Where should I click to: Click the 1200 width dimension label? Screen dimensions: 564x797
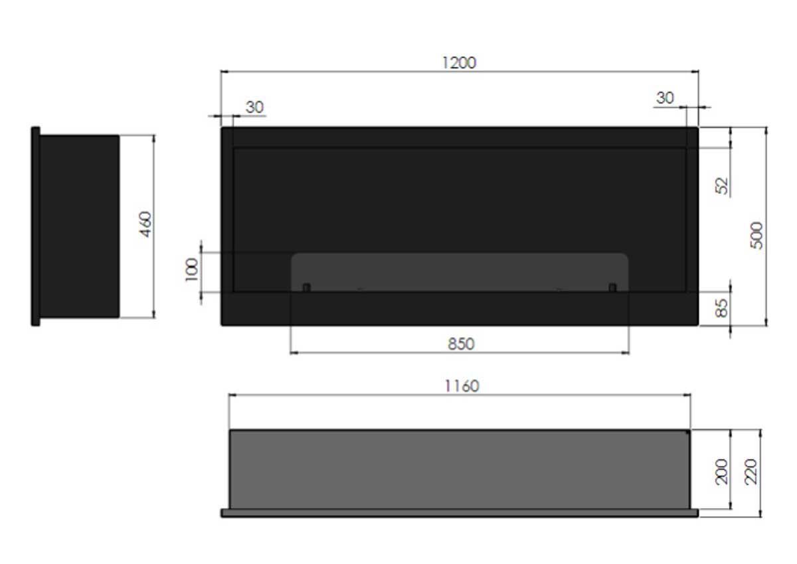coord(459,62)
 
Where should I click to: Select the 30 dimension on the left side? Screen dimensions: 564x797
coord(254,107)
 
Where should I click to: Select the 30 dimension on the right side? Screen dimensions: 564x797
coord(665,98)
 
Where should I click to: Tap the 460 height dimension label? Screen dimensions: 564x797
coord(146,226)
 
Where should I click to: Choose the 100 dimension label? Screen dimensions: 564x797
coord(191,271)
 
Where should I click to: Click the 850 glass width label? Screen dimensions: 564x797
coord(461,344)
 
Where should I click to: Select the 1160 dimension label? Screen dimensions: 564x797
coord(461,386)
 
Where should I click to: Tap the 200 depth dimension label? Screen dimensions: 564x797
coord(723,470)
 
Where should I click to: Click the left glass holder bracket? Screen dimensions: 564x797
coord(306,287)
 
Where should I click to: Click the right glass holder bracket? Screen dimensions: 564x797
coord(612,287)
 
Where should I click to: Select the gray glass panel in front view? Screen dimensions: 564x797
coord(460,271)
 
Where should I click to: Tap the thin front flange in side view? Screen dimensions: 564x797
coord(35,226)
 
